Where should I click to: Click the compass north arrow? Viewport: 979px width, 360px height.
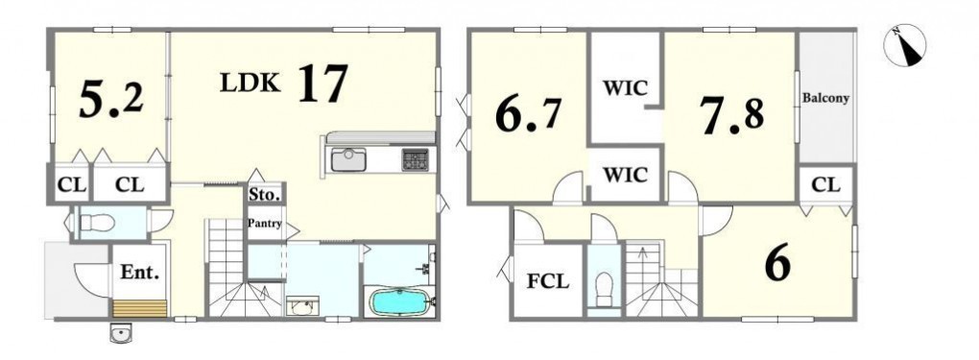[x=905, y=45]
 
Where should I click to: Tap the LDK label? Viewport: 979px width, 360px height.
[x=250, y=82]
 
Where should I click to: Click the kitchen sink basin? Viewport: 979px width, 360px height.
[x=348, y=160]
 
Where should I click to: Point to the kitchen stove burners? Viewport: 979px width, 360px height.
[x=416, y=160]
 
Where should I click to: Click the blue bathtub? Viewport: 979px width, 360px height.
[x=399, y=300]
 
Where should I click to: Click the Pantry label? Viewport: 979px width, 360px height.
[x=265, y=223]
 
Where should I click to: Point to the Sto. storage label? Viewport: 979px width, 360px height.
[x=265, y=194]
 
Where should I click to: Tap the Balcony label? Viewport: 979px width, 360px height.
[x=825, y=98]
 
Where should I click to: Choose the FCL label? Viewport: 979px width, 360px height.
[x=548, y=281]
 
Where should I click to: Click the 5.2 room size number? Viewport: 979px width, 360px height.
[x=111, y=100]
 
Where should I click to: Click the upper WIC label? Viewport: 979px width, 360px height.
[x=625, y=88]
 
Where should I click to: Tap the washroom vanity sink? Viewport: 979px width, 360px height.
[x=302, y=306]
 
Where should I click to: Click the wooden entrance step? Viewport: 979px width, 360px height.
[x=140, y=309]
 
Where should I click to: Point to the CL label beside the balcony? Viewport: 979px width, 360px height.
[x=826, y=185]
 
